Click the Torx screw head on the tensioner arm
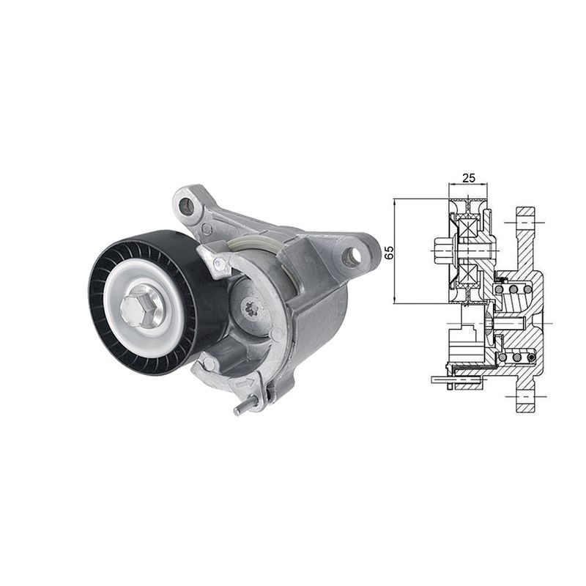(249, 308)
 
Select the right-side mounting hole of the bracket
(352, 256)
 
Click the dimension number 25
(469, 178)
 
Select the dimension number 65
(389, 253)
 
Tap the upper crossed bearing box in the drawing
(469, 229)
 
